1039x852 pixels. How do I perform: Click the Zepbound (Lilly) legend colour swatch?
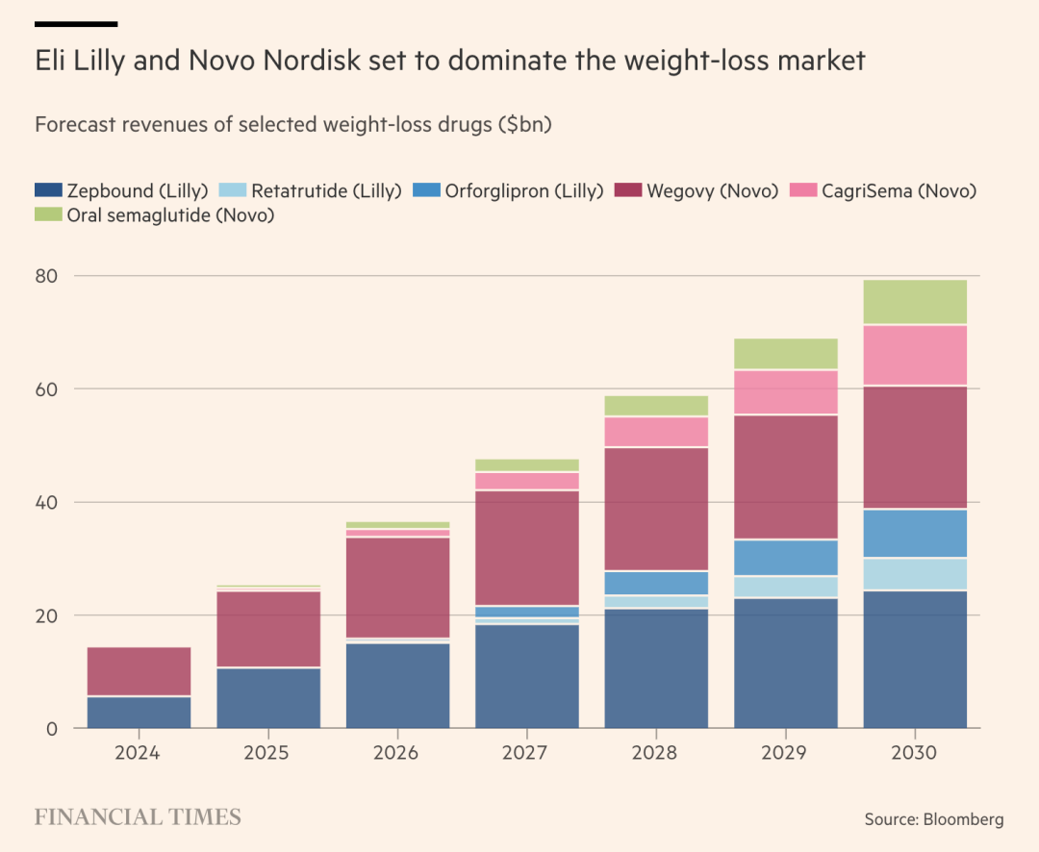click(x=49, y=190)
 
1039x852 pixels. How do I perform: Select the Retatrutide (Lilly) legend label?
click(x=326, y=190)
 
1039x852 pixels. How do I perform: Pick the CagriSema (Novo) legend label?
click(x=899, y=190)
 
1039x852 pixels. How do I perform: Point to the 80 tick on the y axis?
click(x=47, y=276)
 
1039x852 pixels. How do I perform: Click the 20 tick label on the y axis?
click(x=47, y=615)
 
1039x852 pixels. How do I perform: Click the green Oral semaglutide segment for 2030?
click(x=915, y=302)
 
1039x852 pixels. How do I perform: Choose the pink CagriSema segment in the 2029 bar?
click(x=786, y=391)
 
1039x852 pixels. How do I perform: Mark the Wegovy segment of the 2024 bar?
click(x=139, y=671)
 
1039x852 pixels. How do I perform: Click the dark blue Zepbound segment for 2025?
click(x=268, y=697)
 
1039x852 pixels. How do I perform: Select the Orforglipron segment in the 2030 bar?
click(x=915, y=533)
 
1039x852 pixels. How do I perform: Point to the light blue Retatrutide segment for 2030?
click(x=915, y=573)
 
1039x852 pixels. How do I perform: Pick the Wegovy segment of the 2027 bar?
click(x=527, y=547)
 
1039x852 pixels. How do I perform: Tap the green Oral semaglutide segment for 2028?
click(x=656, y=406)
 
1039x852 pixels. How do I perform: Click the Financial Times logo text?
click(x=138, y=817)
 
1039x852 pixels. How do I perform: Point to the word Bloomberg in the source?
click(x=963, y=819)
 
